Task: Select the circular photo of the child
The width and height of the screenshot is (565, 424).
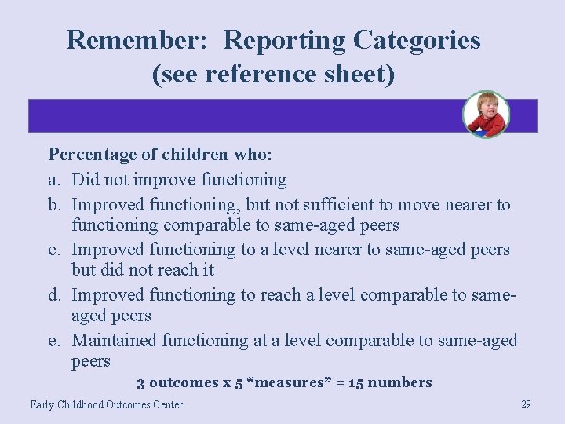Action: pyautogui.click(x=486, y=115)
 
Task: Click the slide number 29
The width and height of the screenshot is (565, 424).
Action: pyautogui.click(x=526, y=404)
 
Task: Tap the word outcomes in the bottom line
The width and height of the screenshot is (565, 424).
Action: pyautogui.click(x=184, y=383)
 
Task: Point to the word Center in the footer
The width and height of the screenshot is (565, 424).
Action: pyautogui.click(x=165, y=405)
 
